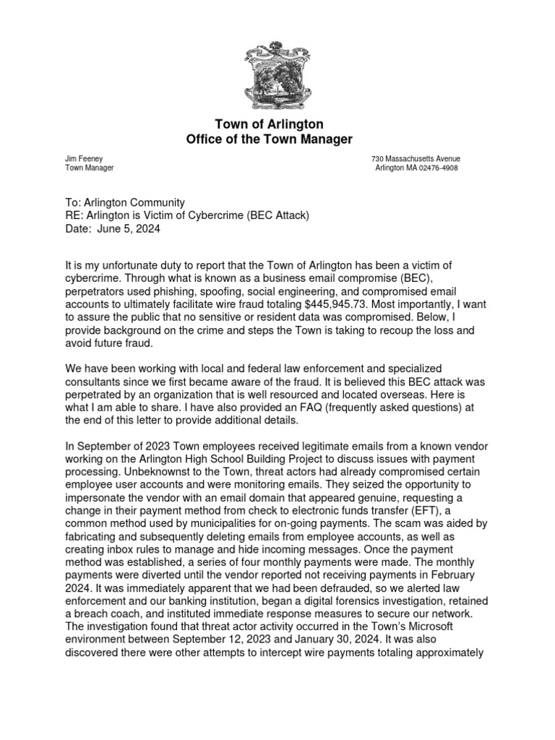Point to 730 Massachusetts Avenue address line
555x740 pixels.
[416, 158]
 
